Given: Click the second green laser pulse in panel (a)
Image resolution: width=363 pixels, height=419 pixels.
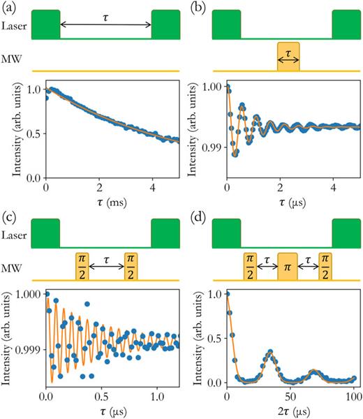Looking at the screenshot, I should click(165, 24).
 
